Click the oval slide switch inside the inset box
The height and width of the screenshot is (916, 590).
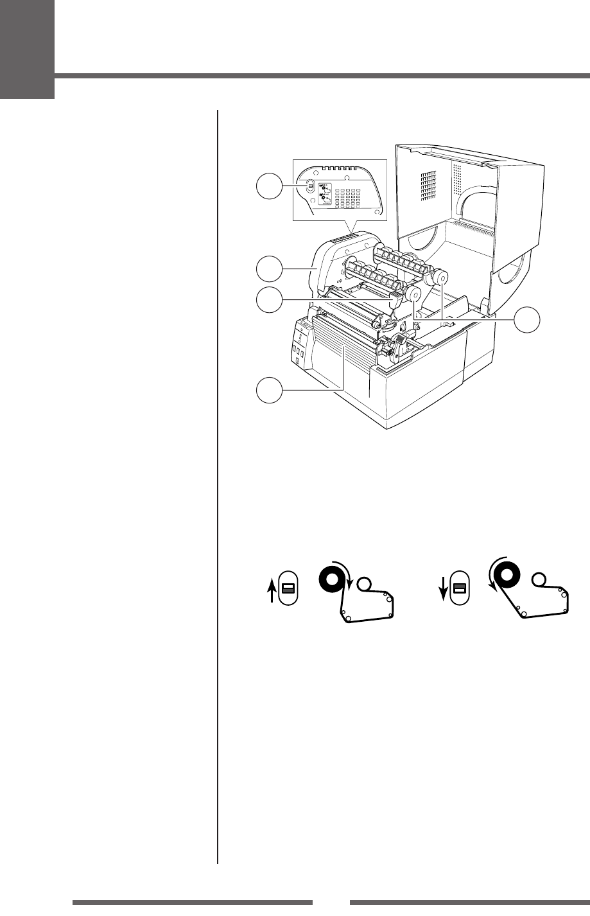310,186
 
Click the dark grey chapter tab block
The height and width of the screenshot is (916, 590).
27,49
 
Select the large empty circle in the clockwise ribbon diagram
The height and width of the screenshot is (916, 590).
365,585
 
